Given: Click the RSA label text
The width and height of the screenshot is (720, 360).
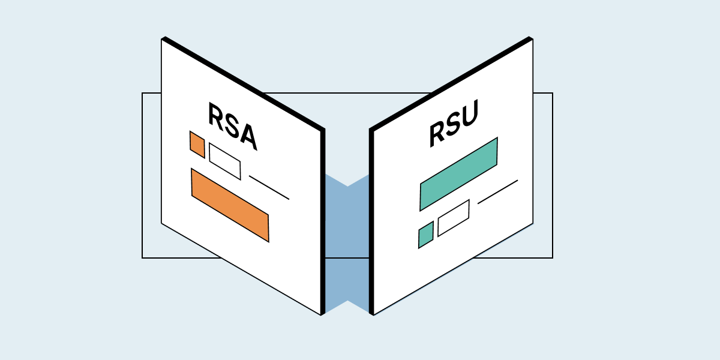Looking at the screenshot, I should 232,127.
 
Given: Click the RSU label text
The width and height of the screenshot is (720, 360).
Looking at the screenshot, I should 454,125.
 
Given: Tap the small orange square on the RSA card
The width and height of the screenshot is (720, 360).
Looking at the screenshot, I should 197,145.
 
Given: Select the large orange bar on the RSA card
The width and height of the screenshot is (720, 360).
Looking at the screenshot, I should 230,206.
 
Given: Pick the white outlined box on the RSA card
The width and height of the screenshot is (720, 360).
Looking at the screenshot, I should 224,161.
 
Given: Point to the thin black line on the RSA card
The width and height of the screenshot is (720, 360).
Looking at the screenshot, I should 269,187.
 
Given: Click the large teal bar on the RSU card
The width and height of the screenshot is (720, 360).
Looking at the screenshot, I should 458,174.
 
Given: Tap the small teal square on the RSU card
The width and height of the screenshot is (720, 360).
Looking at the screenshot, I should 425,235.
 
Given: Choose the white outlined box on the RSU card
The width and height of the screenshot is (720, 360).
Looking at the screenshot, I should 453,218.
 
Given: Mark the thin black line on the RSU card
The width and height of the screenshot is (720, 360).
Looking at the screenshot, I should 497,192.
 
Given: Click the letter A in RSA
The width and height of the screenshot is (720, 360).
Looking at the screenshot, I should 247,136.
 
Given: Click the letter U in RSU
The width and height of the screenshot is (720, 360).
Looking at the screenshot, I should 469,117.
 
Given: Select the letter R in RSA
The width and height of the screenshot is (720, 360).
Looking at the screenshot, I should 216,115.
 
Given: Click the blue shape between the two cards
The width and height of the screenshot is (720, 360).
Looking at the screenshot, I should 347,240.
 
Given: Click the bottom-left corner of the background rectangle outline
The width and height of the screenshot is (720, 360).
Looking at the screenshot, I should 142,258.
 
